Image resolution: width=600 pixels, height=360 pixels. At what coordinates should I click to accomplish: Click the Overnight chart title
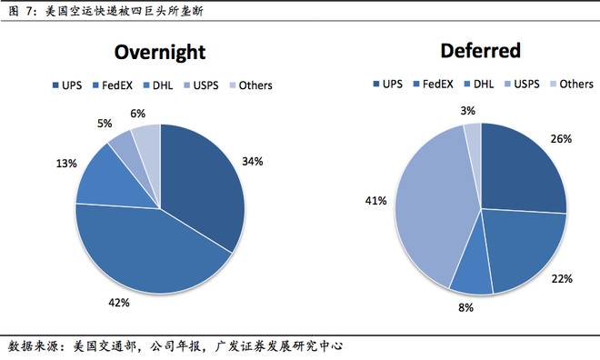pyautogui.click(x=160, y=53)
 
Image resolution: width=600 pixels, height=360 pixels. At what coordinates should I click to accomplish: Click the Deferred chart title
pyautogui.click(x=481, y=51)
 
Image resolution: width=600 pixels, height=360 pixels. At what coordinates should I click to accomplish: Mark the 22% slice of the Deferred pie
pyautogui.click(x=525, y=245)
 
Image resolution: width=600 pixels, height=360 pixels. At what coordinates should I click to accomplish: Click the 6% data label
pyautogui.click(x=138, y=114)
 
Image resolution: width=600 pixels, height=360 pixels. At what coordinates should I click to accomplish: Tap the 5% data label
pyautogui.click(x=105, y=124)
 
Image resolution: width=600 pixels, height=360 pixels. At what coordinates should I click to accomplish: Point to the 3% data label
pyautogui.click(x=467, y=111)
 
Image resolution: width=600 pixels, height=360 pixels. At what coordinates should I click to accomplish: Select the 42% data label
pyautogui.click(x=119, y=303)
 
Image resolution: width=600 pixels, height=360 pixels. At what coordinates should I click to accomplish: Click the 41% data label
pyautogui.click(x=375, y=201)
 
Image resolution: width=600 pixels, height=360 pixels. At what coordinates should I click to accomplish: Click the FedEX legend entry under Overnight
pyautogui.click(x=113, y=85)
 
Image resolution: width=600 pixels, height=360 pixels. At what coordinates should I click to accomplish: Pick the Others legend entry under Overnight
pyautogui.click(x=251, y=85)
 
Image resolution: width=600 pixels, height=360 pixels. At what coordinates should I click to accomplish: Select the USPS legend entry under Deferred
pyautogui.click(x=522, y=85)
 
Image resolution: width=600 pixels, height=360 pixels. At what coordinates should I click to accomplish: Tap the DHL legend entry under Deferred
pyautogui.click(x=478, y=85)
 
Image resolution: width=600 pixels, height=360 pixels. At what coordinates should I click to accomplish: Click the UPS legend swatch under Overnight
pyautogui.click(x=55, y=85)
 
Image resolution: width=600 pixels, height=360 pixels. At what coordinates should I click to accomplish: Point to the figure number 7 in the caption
pyautogui.click(x=29, y=11)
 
